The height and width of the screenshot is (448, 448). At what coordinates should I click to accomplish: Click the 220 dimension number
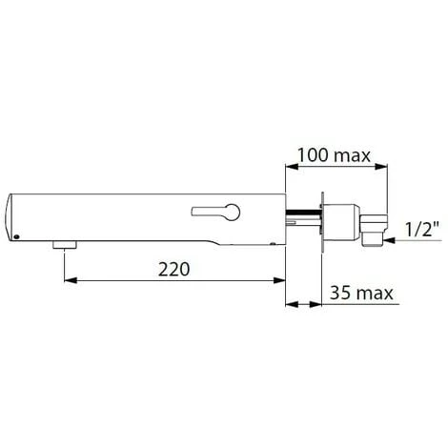tap(174, 270)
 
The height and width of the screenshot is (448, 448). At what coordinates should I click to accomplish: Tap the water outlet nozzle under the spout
tap(65, 246)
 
